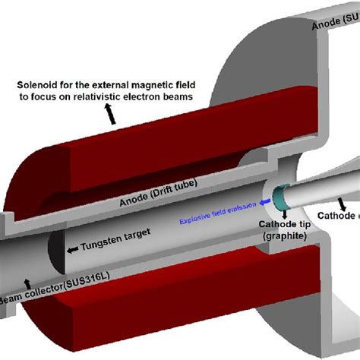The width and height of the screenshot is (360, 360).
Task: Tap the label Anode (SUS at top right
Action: coord(334,25)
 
